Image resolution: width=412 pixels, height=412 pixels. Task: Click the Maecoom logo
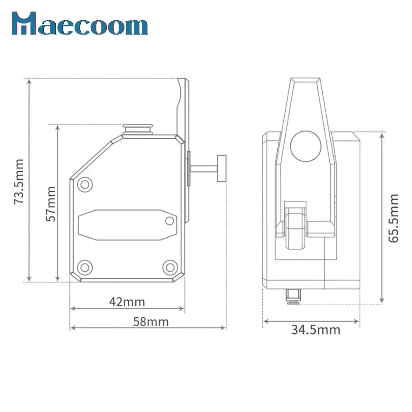[80, 23]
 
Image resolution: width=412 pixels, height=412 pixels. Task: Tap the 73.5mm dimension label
[19, 182]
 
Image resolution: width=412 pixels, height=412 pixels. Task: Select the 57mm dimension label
[51, 204]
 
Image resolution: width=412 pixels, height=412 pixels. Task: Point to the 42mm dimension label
[127, 302]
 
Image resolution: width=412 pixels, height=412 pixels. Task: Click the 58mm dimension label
[151, 322]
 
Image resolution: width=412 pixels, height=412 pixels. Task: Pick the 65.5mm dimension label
[393, 218]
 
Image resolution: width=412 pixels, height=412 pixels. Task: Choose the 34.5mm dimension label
[316, 330]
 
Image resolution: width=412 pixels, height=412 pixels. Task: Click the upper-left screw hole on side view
[85, 185]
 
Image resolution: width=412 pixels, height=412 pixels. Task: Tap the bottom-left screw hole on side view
[85, 267]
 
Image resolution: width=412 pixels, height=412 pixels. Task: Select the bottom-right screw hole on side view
[170, 267]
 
